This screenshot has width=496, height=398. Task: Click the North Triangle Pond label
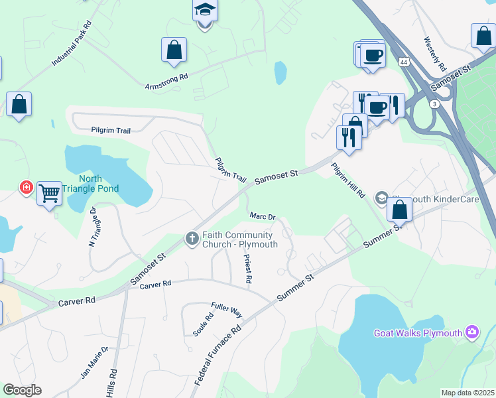99,184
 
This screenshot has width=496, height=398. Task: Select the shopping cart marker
49,193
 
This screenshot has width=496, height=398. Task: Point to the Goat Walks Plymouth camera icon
472,331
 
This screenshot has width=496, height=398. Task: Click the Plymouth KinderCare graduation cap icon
382,198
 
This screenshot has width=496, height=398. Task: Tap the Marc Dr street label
262,216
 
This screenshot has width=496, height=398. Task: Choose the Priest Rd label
247,269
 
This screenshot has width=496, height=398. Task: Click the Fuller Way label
227,308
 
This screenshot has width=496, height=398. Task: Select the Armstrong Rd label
166,80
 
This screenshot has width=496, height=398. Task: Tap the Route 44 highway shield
403,62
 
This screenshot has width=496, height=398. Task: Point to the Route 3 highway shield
434,104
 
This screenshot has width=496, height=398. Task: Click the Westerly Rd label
435,54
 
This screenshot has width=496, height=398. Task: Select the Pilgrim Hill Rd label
349,181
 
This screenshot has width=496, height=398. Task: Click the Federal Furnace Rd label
217,356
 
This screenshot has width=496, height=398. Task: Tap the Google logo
22,389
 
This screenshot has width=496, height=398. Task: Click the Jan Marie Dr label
94,362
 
